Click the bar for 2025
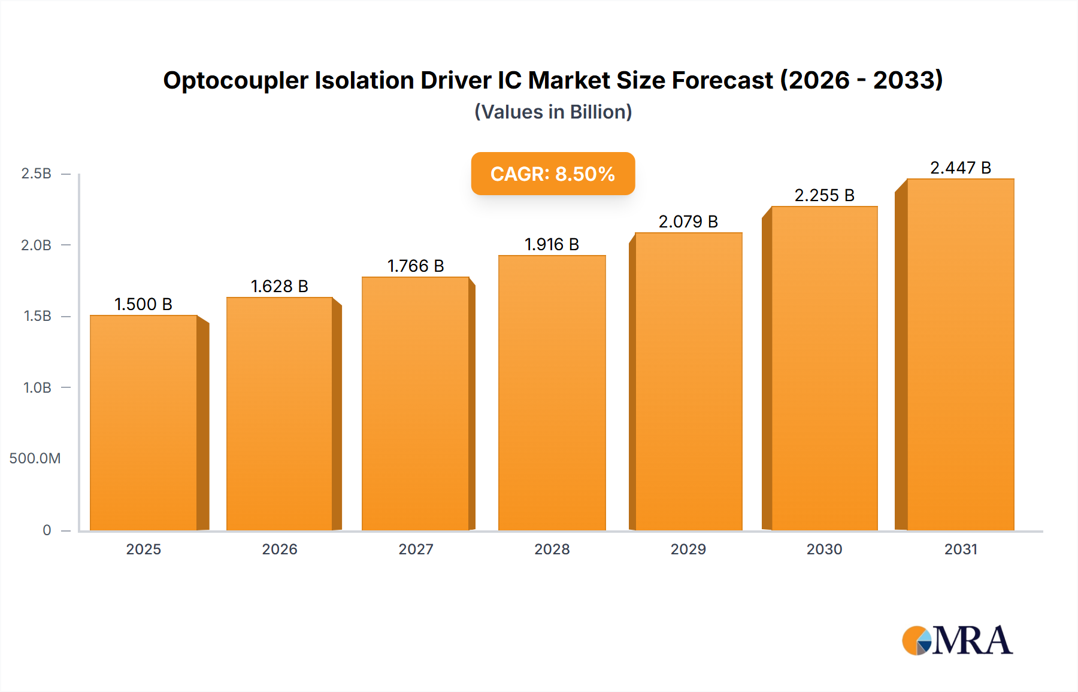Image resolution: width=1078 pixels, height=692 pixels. (144, 422)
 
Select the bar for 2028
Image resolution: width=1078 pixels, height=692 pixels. (552, 392)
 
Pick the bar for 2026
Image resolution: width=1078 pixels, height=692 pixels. (279, 413)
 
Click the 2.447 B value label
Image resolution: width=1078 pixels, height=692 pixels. (960, 168)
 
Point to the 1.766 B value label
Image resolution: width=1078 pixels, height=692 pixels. (416, 266)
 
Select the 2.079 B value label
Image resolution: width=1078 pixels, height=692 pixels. (688, 221)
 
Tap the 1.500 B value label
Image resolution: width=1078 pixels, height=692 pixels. (143, 304)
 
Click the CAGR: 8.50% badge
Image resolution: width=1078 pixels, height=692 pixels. (553, 174)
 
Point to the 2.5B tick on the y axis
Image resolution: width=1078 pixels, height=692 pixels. (36, 174)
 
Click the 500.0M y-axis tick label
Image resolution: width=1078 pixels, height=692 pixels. (35, 459)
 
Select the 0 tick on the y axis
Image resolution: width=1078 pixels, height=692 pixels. (47, 530)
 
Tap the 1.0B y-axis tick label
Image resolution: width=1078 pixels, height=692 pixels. (37, 387)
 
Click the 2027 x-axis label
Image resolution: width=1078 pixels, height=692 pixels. (416, 549)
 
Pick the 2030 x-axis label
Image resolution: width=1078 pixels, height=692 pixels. (824, 549)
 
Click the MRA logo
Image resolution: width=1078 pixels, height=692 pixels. (957, 641)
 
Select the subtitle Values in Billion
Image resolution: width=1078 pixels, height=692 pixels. (553, 112)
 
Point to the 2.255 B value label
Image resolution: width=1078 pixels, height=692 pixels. (824, 195)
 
